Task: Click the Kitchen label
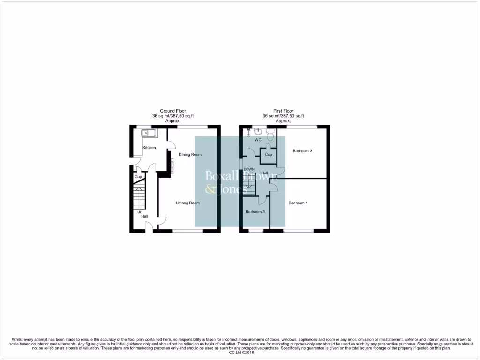pyautogui.click(x=149, y=148)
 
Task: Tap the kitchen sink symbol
pyautogui.click(x=150, y=134)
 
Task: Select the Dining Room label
pyautogui.click(x=190, y=154)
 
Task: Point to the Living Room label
pyautogui.click(x=187, y=203)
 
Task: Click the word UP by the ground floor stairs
pyautogui.click(x=140, y=212)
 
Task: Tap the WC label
pyautogui.click(x=257, y=140)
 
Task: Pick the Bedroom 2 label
pyautogui.click(x=302, y=151)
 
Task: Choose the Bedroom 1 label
pyautogui.click(x=298, y=203)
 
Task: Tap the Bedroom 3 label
pyautogui.click(x=255, y=212)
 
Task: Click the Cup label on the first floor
pyautogui.click(x=268, y=154)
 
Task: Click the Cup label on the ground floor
pyautogui.click(x=138, y=177)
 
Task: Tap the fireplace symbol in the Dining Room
pyautogui.click(x=172, y=165)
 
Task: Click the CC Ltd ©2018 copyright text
pyautogui.click(x=240, y=352)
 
